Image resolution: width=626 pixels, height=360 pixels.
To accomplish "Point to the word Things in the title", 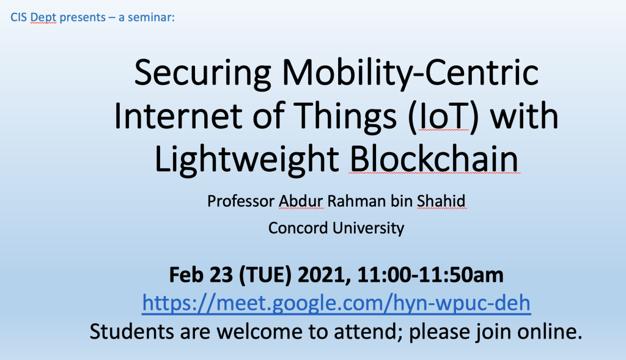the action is (346, 117).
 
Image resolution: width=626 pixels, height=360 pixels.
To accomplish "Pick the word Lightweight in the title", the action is (247, 160).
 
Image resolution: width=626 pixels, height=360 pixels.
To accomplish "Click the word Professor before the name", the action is (241, 200).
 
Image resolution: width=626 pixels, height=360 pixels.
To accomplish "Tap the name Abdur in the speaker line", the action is (301, 200).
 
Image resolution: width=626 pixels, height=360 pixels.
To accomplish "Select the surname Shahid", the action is (441, 200).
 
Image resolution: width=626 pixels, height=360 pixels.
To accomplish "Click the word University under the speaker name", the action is (368, 229).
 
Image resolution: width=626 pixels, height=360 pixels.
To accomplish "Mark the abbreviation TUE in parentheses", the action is (265, 275).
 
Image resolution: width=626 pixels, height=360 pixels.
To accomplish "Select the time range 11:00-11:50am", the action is (430, 275).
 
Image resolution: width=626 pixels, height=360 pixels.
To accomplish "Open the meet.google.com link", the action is (336, 303).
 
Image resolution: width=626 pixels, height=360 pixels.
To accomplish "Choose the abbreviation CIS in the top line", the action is (18, 18).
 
